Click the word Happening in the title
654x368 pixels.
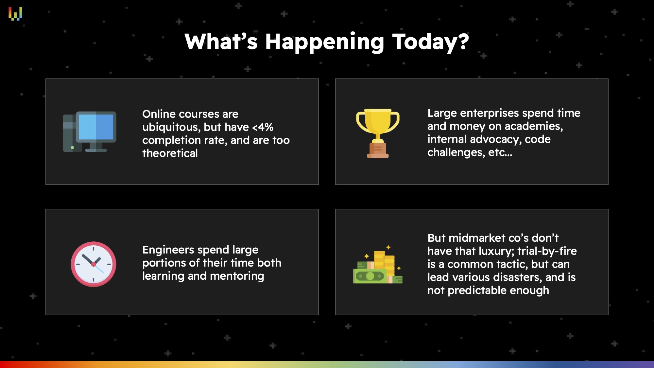[x=324, y=42]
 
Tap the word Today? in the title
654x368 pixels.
[x=431, y=42]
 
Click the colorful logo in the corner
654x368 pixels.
[x=15, y=13]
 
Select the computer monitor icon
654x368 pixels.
[x=90, y=131]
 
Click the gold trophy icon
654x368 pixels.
[x=378, y=133]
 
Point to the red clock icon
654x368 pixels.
[x=94, y=264]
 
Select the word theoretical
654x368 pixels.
[x=170, y=153]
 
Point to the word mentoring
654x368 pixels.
[x=237, y=276]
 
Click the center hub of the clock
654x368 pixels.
[x=94, y=264]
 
